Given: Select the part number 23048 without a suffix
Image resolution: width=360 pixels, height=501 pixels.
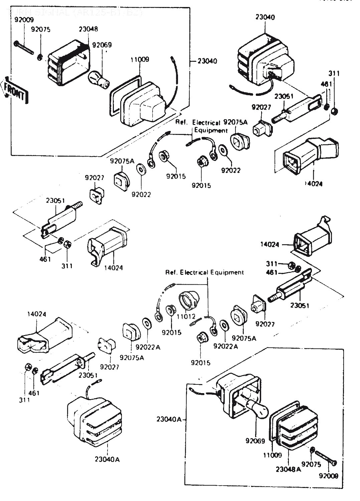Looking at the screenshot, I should [88, 29].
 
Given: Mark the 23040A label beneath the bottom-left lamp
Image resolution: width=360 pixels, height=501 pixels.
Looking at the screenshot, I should [107, 459].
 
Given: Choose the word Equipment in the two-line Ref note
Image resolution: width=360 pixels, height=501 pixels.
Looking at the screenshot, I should [211, 130].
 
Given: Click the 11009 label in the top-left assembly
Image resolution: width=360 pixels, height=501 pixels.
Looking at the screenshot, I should [140, 59].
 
